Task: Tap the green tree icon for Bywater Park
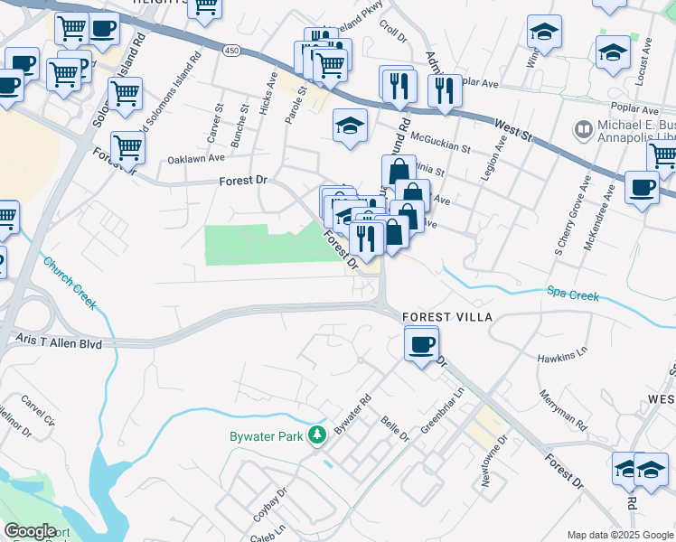click(316, 436)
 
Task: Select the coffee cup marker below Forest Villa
click(421, 344)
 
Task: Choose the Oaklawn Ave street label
click(196, 158)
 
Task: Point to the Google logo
click(31, 531)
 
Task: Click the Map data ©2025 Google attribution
click(619, 535)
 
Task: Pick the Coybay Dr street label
click(270, 502)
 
